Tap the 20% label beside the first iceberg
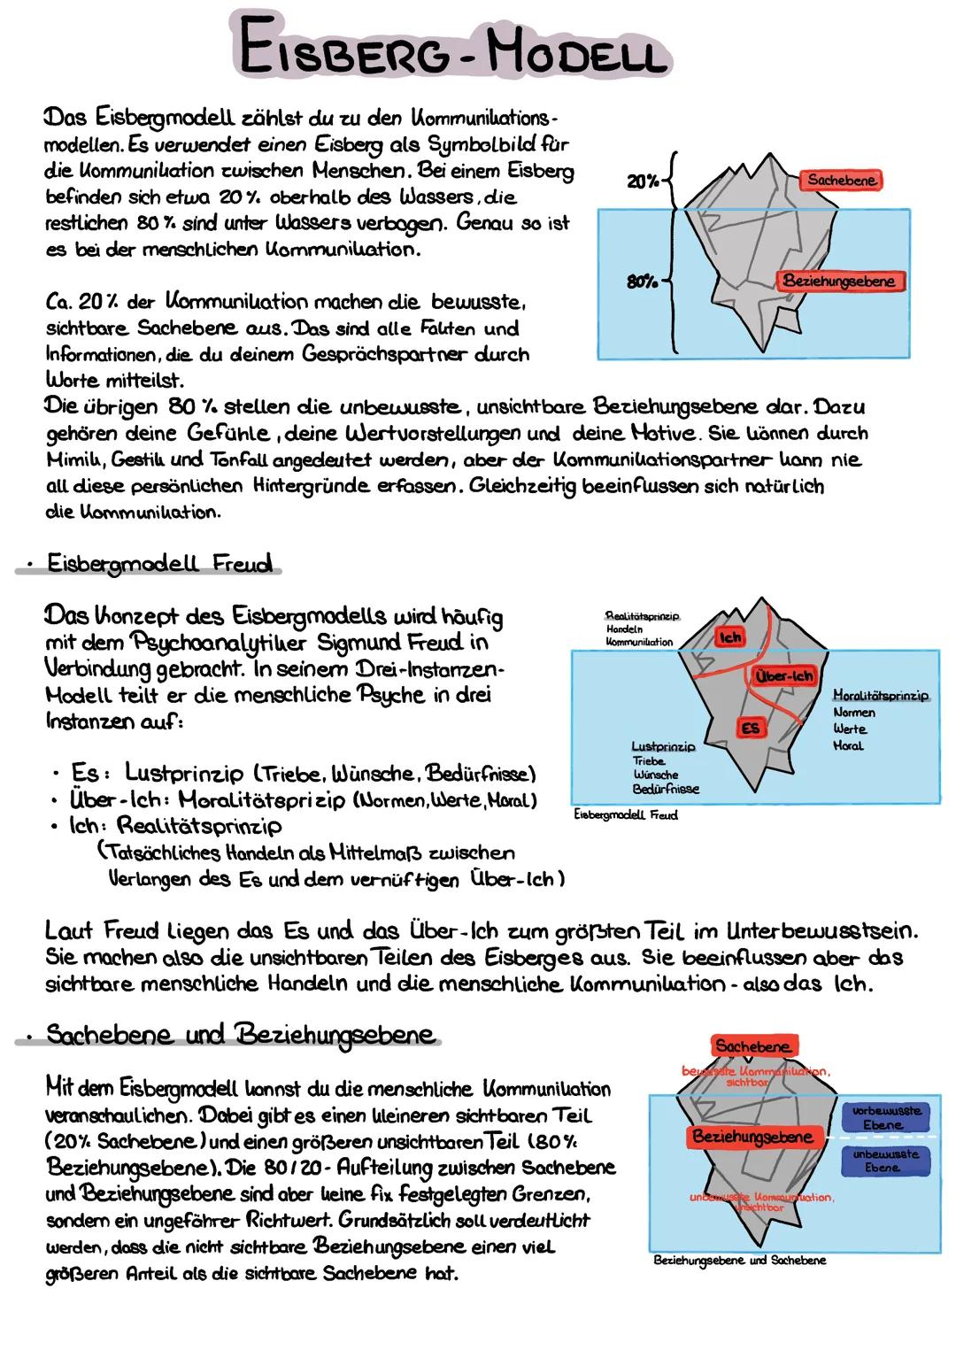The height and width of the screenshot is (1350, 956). coord(644,181)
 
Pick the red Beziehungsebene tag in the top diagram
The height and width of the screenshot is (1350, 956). coord(838,282)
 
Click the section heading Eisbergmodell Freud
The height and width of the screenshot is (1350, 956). coord(159,564)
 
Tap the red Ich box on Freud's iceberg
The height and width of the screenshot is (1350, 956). coord(730,636)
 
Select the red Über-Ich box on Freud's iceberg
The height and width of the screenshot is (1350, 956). coord(783,676)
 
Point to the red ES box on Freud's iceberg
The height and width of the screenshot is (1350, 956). coord(751,728)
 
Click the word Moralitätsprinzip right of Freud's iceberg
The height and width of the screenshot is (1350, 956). coord(881,696)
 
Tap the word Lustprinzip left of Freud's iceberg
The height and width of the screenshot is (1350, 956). coord(664,746)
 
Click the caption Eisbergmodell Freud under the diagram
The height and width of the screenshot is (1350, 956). coord(626,814)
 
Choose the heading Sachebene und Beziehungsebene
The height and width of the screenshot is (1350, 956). coord(240,1035)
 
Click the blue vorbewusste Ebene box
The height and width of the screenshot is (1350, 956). coord(885,1117)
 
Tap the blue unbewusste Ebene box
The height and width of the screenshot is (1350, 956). coord(885,1161)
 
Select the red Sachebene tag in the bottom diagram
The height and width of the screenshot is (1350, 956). coord(752,1046)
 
